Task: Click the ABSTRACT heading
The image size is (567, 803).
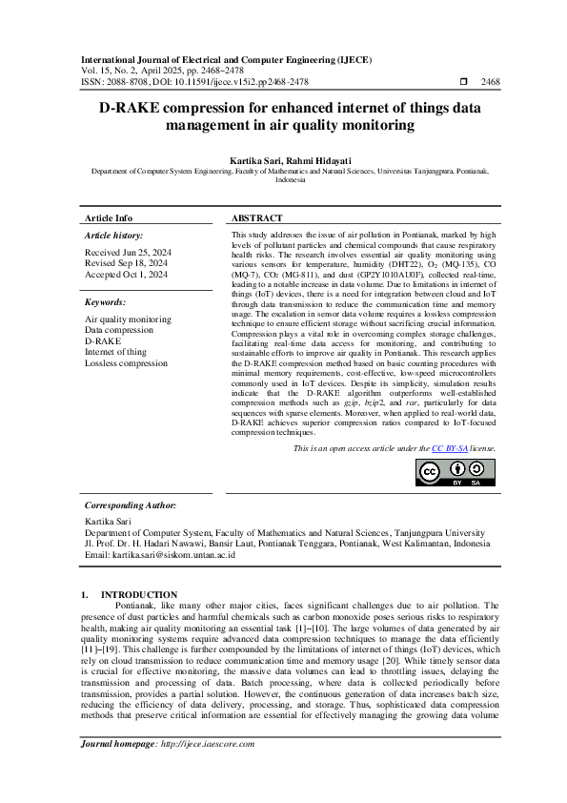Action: [256, 217]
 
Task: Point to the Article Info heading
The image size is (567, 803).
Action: [109, 217]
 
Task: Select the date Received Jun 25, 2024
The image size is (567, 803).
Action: [127, 252]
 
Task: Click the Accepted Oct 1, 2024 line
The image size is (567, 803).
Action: [126, 274]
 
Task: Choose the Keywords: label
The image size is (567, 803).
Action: [106, 301]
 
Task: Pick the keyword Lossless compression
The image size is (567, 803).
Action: [126, 363]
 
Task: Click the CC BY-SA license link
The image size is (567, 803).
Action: [446, 447]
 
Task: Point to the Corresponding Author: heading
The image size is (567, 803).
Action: [130, 504]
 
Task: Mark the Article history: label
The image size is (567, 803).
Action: [113, 235]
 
